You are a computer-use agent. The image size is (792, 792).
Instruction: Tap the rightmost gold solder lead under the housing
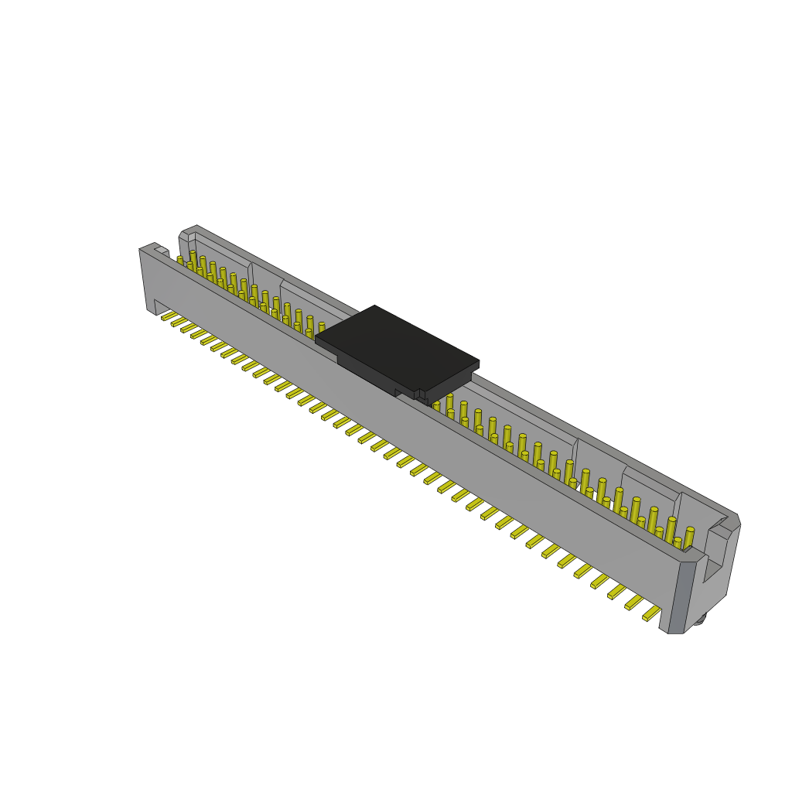click(x=651, y=613)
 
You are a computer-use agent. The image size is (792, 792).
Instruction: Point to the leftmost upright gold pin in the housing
click(x=180, y=261)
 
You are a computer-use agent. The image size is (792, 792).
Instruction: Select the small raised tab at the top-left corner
click(x=161, y=251)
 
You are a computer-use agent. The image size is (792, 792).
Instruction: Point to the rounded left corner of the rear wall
click(x=184, y=234)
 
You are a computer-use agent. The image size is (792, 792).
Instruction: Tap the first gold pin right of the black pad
click(x=436, y=406)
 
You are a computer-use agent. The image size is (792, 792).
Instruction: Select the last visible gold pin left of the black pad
click(x=321, y=328)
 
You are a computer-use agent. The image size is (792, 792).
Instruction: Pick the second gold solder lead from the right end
click(x=634, y=602)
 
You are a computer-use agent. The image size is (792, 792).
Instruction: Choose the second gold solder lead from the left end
click(x=179, y=321)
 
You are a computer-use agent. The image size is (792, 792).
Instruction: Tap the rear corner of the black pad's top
click(x=375, y=308)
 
